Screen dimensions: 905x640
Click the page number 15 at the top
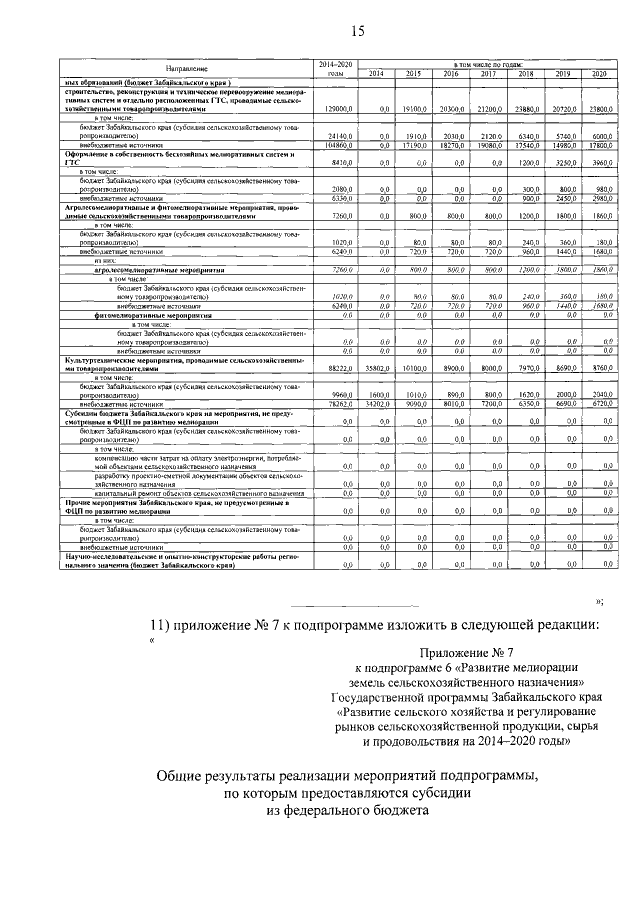click(357, 32)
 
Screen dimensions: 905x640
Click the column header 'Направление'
click(186, 68)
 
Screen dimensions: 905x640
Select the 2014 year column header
click(376, 74)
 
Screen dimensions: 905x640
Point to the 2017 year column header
click(488, 74)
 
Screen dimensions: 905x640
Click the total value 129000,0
click(335, 107)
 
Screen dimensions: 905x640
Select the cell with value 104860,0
click(335, 145)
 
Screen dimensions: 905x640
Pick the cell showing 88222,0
click(336, 367)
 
